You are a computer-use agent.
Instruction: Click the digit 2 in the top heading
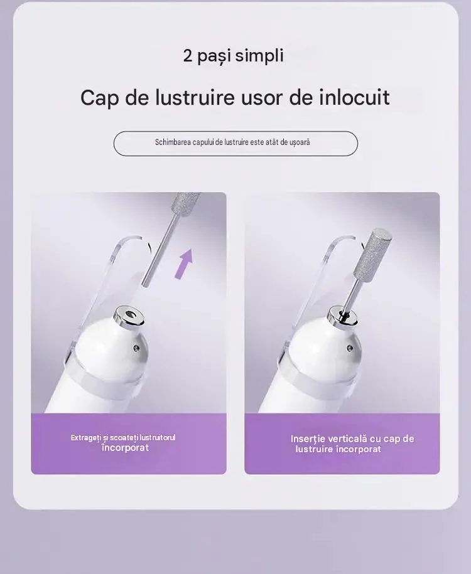click(x=187, y=56)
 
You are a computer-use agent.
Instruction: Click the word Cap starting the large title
click(x=99, y=98)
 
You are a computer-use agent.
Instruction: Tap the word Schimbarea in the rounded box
click(x=172, y=142)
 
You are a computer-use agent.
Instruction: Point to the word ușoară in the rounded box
click(x=300, y=142)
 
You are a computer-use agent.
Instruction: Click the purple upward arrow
click(x=185, y=263)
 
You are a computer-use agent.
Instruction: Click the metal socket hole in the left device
click(x=130, y=314)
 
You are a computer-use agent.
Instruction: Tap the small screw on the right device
click(x=349, y=347)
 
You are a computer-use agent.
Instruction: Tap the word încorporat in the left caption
click(x=126, y=448)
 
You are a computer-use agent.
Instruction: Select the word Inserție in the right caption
click(x=308, y=439)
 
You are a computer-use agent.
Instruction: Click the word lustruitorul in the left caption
click(x=158, y=438)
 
